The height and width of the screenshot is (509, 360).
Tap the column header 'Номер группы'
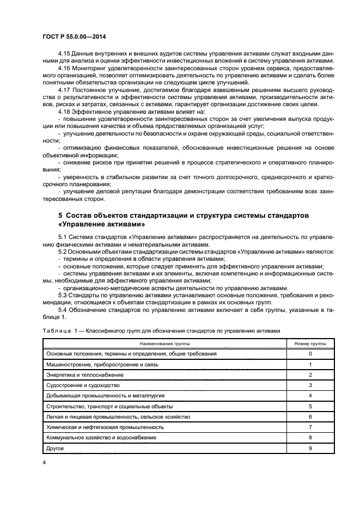(x=310, y=345)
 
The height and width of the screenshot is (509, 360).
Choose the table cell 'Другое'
(x=55, y=448)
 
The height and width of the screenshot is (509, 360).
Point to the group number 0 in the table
(x=310, y=354)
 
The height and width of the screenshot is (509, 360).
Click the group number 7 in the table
(x=310, y=427)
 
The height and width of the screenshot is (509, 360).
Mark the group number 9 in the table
(x=310, y=448)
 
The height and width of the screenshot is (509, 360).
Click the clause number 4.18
(x=64, y=111)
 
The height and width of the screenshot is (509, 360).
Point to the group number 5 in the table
(x=310, y=406)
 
